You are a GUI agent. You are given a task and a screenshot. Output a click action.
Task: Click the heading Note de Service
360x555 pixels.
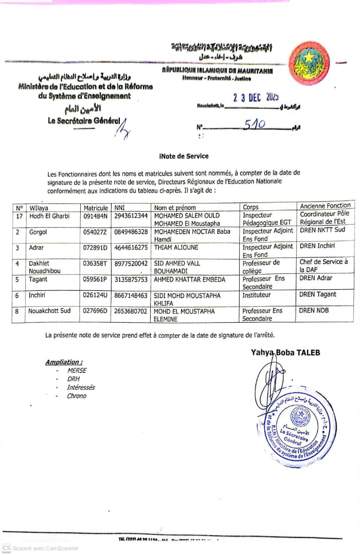coord(184,156)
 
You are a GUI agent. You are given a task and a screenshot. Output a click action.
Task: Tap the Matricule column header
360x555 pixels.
coord(96,208)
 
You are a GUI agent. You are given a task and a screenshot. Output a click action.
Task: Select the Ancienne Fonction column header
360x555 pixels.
coord(325,206)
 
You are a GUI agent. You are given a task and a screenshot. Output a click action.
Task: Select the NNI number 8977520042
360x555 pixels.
coord(131,263)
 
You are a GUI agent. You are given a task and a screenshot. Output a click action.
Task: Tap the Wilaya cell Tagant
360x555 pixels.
coord(38,279)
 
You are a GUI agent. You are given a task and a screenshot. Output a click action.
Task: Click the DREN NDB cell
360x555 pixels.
coord(314,310)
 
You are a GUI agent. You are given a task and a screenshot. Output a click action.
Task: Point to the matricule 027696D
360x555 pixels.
coord(96,311)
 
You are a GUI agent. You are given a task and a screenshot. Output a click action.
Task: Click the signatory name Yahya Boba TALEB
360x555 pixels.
coord(285,352)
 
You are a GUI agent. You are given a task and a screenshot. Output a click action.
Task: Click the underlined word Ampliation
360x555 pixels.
coord(64,362)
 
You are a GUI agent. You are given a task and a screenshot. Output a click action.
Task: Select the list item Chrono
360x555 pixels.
coord(77,396)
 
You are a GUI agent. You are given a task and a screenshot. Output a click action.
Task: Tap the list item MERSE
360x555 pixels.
coord(77,370)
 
